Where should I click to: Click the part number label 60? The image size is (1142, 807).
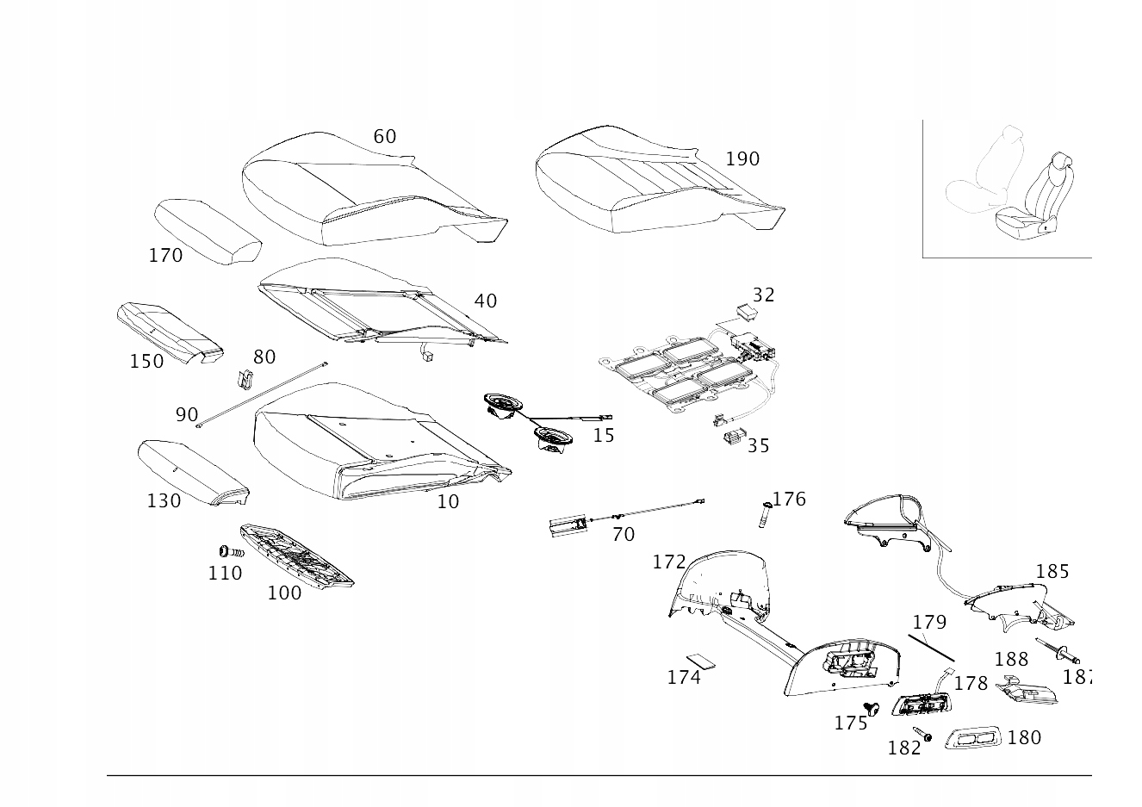coord(384,137)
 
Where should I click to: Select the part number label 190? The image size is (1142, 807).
coord(742,159)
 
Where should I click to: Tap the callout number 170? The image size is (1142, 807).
coord(165,256)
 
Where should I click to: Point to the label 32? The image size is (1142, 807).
coord(763,295)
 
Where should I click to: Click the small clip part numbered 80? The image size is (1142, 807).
coord(244,378)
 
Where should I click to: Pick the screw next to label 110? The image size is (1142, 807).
coord(227,552)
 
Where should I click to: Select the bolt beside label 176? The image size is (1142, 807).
coord(764,516)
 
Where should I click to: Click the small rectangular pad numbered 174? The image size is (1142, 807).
coord(705,660)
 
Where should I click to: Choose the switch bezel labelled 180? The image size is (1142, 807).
coord(974,738)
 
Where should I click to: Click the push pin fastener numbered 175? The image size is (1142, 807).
coord(872,710)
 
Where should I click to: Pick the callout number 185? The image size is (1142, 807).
coord(1052,572)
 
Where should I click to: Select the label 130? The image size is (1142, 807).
coord(164,501)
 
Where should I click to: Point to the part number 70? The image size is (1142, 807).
coord(623,535)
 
